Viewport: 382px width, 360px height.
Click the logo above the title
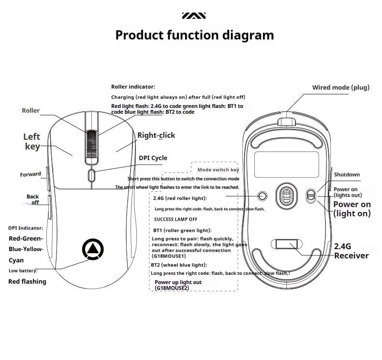[194, 16]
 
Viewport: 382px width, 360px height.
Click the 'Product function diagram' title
[194, 35]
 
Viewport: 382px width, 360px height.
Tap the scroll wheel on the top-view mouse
[91, 144]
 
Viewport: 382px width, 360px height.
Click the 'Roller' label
[31, 111]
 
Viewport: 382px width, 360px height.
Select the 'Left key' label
[32, 141]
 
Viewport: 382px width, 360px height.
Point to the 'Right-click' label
[156, 135]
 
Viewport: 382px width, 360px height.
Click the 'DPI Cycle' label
[153, 158]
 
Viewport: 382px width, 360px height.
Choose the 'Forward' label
[30, 174]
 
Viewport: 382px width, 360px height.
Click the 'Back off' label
[33, 199]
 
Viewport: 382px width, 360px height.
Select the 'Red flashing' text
[28, 282]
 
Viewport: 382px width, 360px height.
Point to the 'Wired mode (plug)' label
[340, 88]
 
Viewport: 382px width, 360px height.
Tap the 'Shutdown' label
[347, 175]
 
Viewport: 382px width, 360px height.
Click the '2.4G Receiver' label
[351, 251]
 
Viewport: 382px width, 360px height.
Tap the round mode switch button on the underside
[263, 195]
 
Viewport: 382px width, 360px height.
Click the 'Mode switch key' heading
[218, 170]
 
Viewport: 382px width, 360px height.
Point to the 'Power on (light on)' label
[352, 209]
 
